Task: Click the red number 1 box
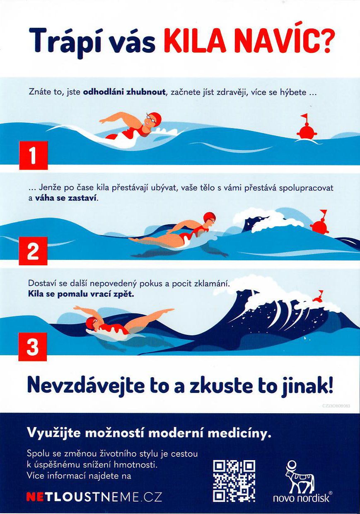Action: (x=34, y=155)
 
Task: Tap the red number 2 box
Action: (x=33, y=251)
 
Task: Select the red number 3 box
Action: (x=33, y=347)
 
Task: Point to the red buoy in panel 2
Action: (x=320, y=222)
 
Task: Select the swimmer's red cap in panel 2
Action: (x=209, y=217)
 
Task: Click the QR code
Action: (x=234, y=479)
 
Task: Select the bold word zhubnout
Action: (x=146, y=92)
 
